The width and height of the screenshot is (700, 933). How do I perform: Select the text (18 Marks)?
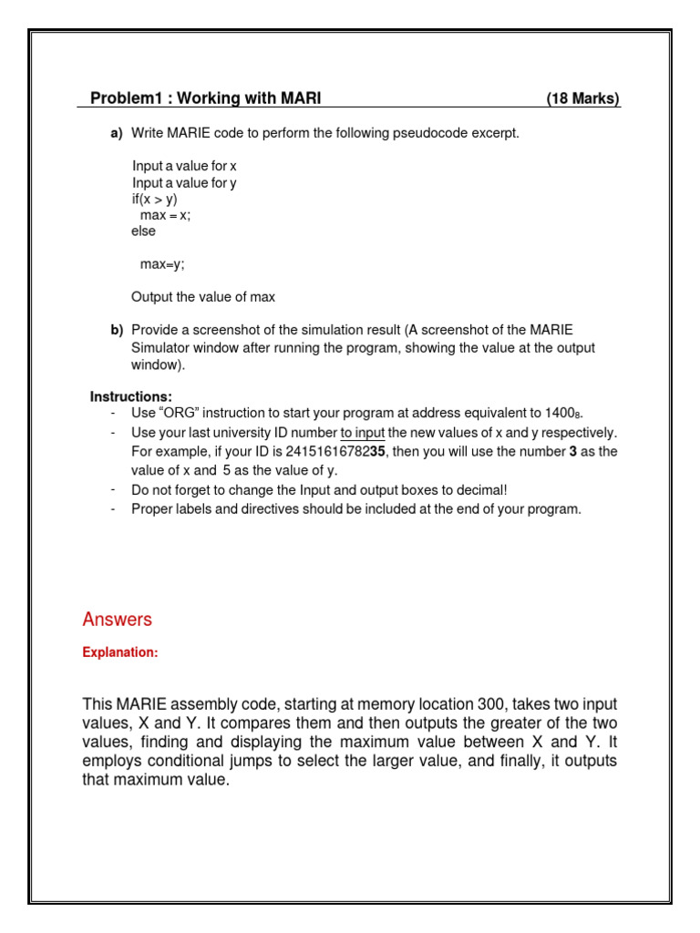582,98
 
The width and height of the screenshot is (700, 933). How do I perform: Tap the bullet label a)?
117,133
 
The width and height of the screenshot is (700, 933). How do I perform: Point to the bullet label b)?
117,330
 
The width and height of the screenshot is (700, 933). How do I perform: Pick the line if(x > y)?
154,199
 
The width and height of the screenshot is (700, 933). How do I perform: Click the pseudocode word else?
143,231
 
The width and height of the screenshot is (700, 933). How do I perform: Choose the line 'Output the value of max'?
203,297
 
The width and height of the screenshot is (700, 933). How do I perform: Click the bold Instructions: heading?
130,396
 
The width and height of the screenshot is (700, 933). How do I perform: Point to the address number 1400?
560,414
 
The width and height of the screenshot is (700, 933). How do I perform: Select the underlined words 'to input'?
362,432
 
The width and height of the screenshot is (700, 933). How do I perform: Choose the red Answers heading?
117,620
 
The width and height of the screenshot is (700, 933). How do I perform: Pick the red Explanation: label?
120,652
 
